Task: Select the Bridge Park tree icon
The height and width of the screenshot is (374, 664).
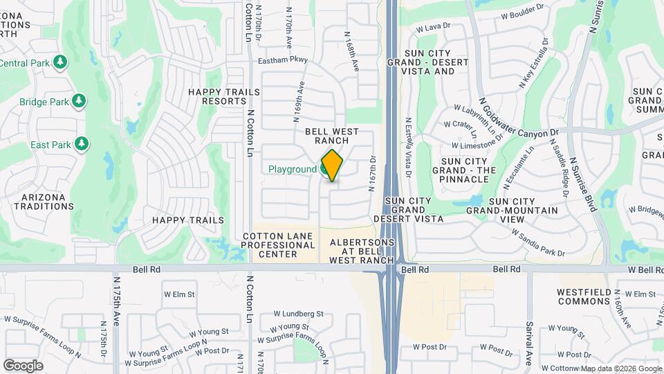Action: [x=79, y=101]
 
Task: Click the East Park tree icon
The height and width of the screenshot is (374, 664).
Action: [x=82, y=144]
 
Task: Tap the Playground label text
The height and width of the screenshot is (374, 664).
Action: [x=292, y=169]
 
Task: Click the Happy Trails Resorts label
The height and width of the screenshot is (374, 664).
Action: [x=224, y=96]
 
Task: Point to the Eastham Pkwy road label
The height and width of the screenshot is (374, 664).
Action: [x=282, y=61]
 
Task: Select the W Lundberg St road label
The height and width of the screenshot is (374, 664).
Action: [x=298, y=314]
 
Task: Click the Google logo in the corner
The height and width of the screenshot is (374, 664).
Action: [x=24, y=365]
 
